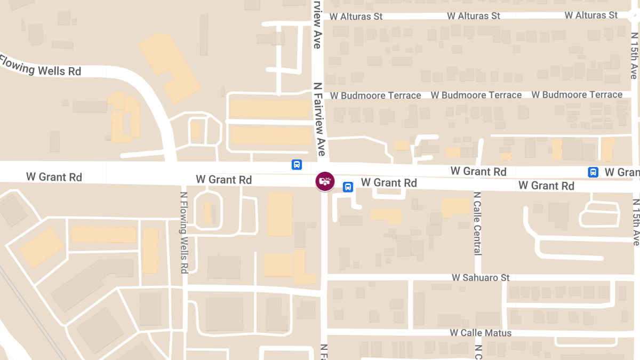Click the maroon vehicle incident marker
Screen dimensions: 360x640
point(324,181)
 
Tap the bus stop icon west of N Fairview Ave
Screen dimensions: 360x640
point(297,165)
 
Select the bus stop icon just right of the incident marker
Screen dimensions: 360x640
point(347,187)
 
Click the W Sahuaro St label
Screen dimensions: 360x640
point(481,278)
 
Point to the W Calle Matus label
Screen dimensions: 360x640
point(481,333)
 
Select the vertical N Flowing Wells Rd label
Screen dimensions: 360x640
point(183,233)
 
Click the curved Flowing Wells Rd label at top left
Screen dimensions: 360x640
point(41,66)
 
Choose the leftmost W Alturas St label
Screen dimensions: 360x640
point(356,17)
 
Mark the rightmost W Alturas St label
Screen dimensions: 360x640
point(591,15)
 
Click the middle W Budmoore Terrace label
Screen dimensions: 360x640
point(476,95)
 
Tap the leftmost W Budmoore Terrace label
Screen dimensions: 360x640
point(375,96)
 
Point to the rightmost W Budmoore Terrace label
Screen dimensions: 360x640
point(577,95)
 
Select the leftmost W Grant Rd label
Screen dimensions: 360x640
point(54,177)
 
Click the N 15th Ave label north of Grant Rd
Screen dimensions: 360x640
point(634,55)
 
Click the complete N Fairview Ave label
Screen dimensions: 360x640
point(320,118)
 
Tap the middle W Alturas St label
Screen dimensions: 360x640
point(474,16)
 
